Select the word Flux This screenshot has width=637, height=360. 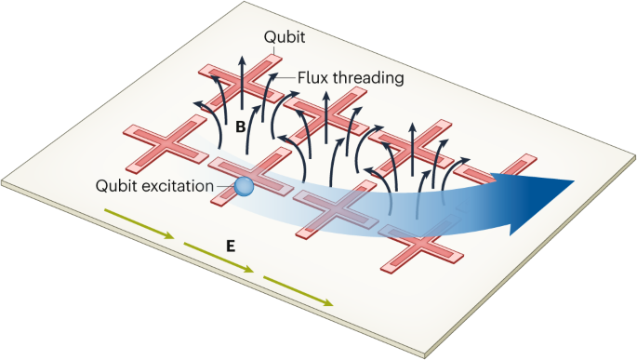tap(314, 78)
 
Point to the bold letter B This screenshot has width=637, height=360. tap(240, 128)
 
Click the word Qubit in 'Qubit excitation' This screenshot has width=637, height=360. tap(117, 184)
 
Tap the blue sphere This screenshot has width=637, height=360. tap(243, 187)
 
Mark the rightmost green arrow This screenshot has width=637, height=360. tap(298, 289)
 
